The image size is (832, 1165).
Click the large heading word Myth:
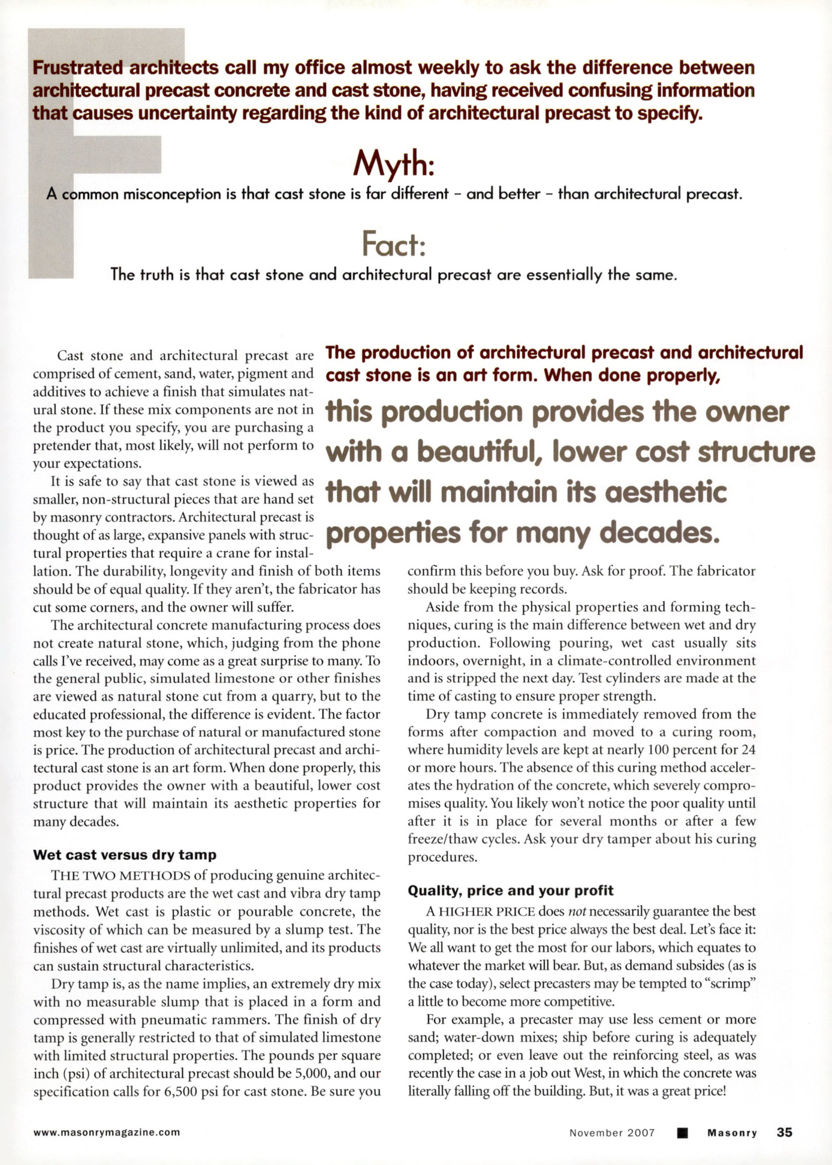pos(393,163)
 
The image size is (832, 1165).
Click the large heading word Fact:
pos(394,244)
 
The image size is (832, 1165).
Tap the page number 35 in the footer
pos(784,1132)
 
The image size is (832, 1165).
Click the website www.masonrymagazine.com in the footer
pos(107,1133)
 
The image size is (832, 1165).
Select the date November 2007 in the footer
pos(612,1133)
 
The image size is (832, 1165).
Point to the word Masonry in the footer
pos(732,1133)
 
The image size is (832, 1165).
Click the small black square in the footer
pos(681,1133)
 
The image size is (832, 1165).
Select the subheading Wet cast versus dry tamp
pos(125,854)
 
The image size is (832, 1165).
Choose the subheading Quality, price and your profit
pos(511,890)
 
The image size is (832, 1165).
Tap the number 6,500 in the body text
pos(180,1091)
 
